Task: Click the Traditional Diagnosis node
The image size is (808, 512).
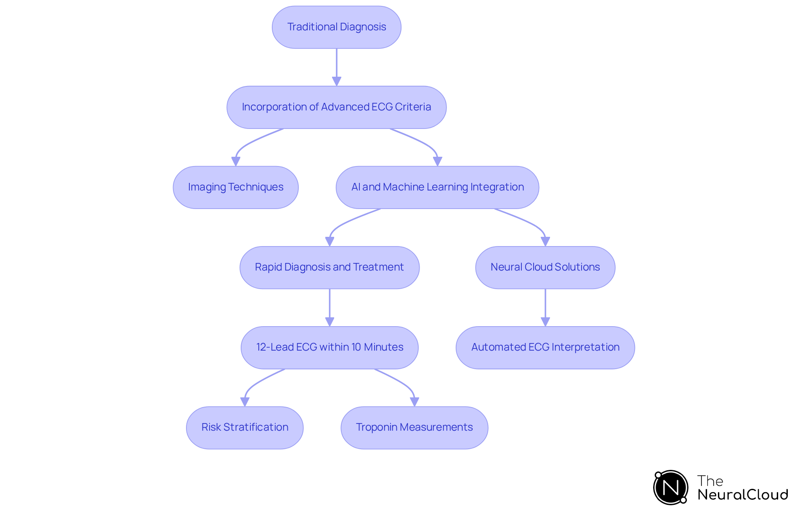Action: pos(336,27)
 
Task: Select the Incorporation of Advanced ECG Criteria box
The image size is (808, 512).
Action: pos(336,107)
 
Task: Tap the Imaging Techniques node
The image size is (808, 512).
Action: pos(236,187)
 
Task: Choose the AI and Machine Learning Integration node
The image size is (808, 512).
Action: pos(437,187)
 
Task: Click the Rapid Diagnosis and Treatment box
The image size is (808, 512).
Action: pos(330,267)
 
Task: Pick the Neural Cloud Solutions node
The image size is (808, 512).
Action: pos(545,267)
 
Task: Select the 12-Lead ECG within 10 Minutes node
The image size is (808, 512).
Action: pos(330,347)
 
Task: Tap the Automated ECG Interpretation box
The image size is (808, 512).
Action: pos(545,347)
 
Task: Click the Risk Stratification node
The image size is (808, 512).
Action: pos(245,427)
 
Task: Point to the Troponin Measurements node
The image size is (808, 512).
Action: pos(414,427)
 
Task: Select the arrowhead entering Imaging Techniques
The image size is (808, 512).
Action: pos(236,161)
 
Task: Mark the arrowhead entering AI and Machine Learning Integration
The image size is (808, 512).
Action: pos(437,161)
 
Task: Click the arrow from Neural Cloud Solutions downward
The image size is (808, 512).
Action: pos(545,306)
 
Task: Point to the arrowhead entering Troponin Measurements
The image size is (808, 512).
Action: pos(415,402)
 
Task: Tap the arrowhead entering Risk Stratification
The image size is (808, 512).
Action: pos(245,402)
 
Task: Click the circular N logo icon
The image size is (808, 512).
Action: pos(670,488)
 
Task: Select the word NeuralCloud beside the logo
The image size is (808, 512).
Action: pos(743,495)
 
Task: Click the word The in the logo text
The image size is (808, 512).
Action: pos(710,481)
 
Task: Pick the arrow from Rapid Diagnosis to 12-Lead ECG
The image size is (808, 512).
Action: pos(330,306)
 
